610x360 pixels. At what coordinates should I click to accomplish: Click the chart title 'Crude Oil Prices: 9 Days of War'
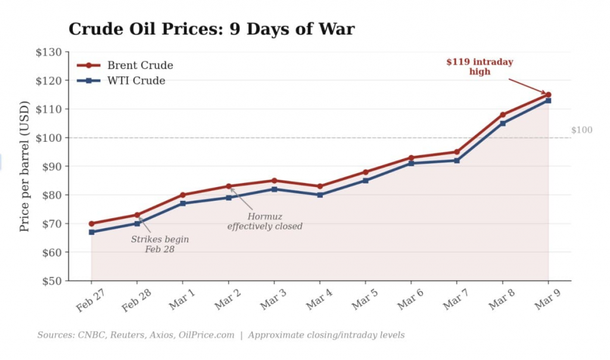(211, 29)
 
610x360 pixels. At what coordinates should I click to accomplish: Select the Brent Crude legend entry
(139, 66)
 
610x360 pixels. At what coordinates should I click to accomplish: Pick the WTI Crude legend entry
(136, 80)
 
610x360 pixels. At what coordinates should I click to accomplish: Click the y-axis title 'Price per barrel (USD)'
(24, 167)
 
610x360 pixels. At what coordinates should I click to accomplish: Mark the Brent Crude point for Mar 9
(548, 95)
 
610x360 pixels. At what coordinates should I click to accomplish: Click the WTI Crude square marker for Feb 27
(91, 232)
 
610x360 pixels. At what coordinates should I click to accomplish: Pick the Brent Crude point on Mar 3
(274, 181)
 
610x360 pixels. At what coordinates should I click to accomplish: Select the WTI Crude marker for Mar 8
(503, 123)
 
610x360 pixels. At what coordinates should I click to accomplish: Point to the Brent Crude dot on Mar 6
(411, 158)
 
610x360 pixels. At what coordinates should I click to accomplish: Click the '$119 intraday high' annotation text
(480, 67)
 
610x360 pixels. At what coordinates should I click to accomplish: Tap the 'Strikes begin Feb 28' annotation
(160, 244)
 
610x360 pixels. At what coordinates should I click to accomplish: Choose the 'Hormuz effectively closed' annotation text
(264, 222)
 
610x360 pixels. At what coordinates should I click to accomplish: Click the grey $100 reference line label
(581, 130)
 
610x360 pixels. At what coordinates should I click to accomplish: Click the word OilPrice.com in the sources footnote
(207, 335)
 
